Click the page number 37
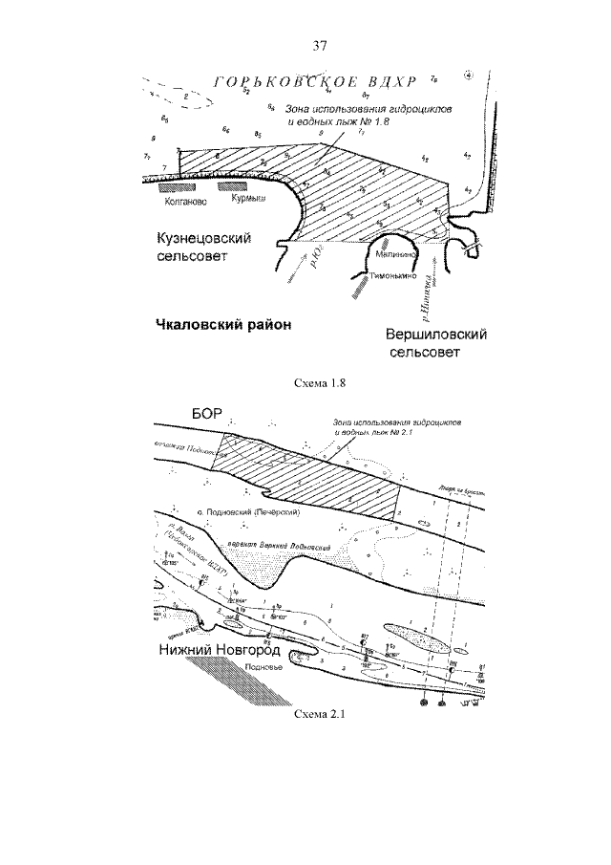point(320,45)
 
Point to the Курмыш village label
point(247,201)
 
